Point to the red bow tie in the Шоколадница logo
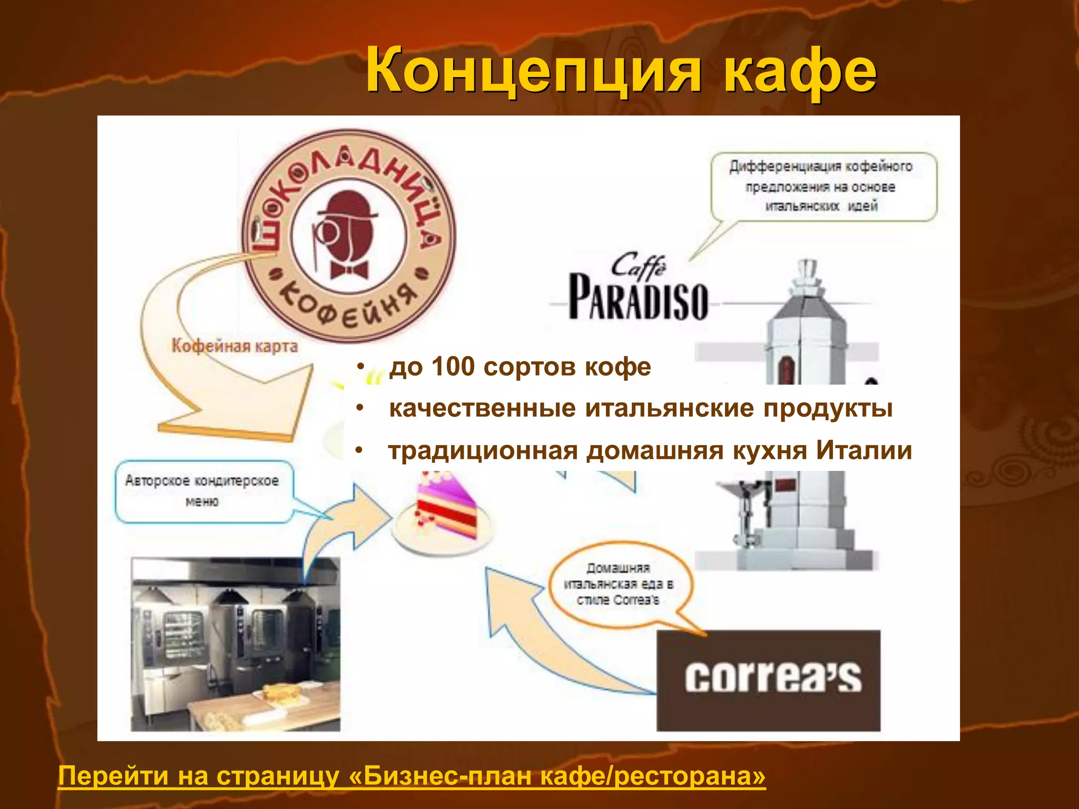point(349,270)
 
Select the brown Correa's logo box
point(768,680)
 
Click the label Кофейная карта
point(234,346)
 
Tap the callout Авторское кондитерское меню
point(203,491)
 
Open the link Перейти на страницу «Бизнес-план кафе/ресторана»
point(411,776)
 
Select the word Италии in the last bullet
point(864,451)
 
